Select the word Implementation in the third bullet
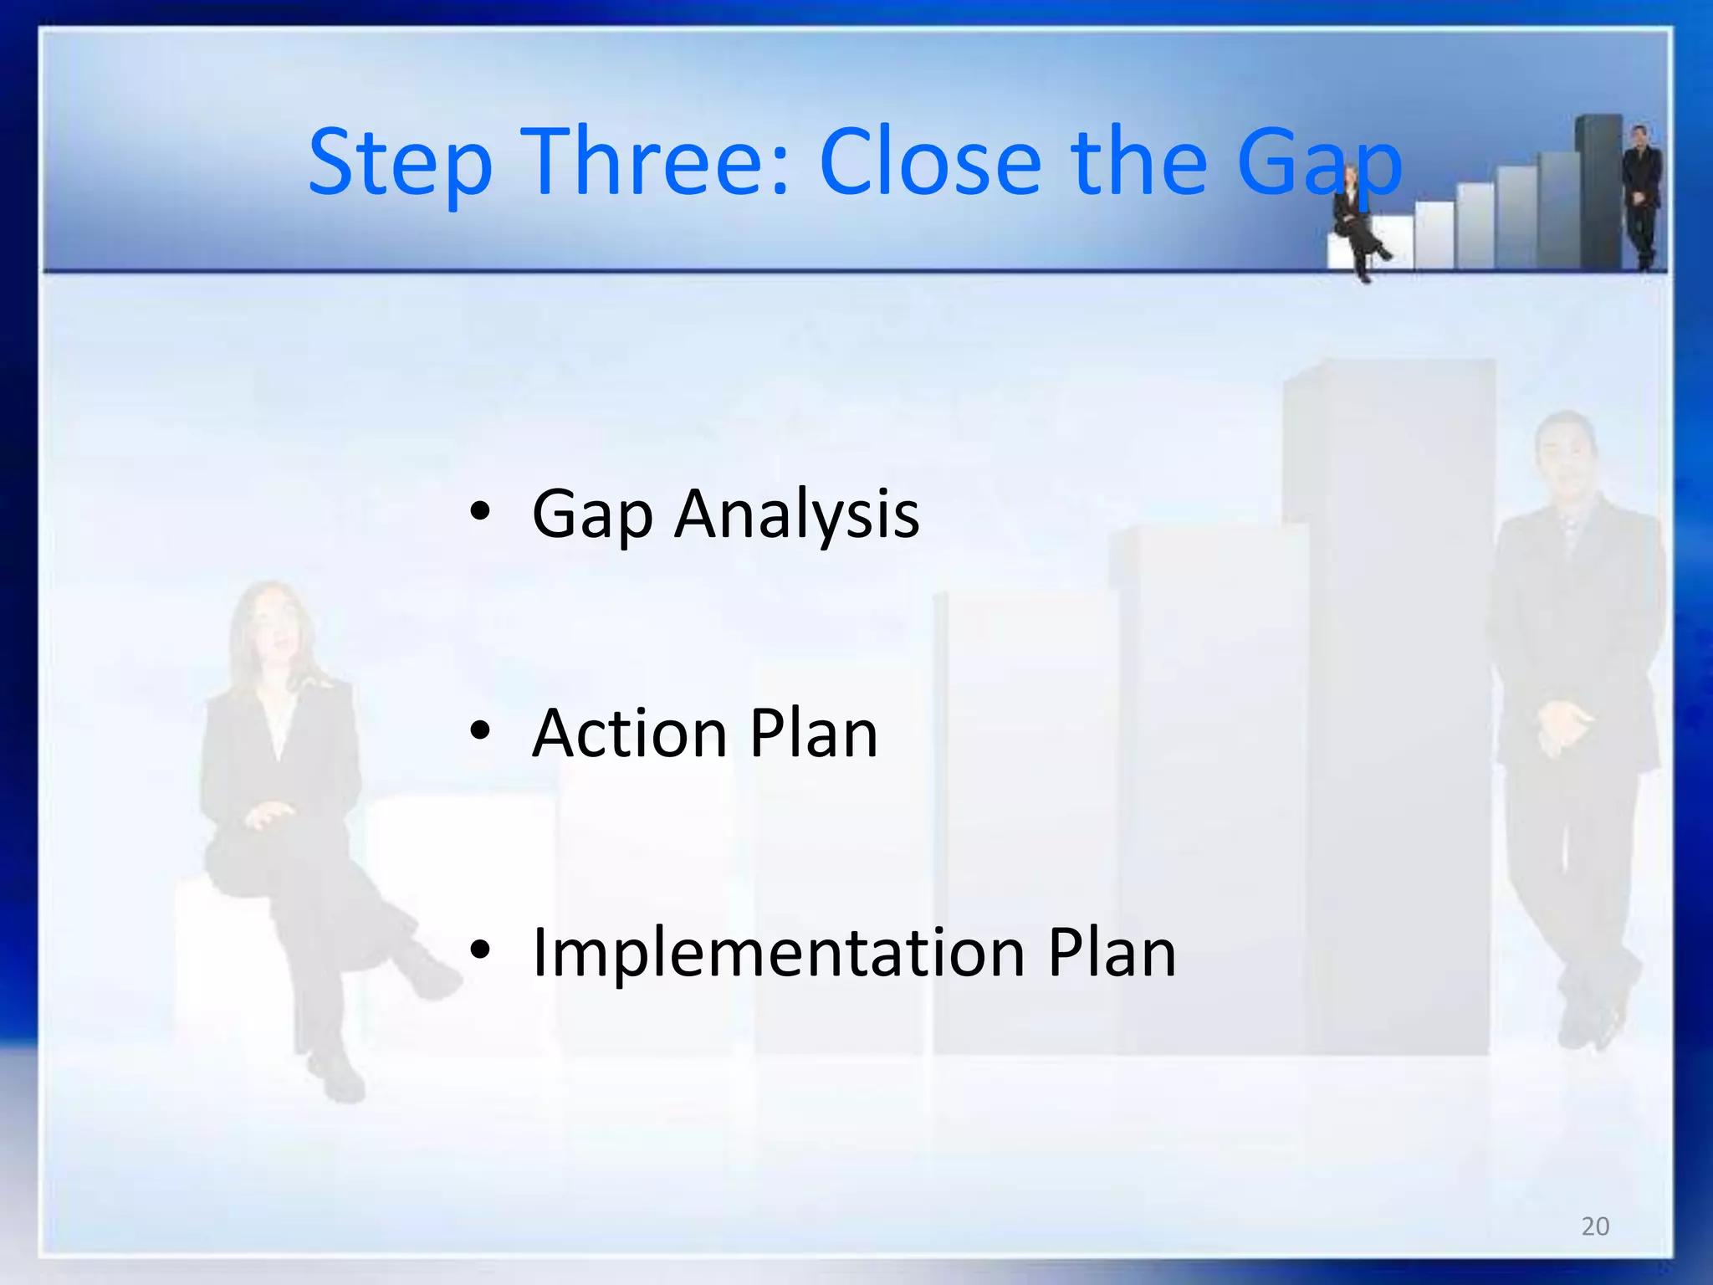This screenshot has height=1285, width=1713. point(778,954)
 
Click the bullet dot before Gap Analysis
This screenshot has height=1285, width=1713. point(479,512)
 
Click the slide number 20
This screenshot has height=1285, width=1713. point(1595,1226)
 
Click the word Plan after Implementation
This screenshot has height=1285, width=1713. point(1112,954)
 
